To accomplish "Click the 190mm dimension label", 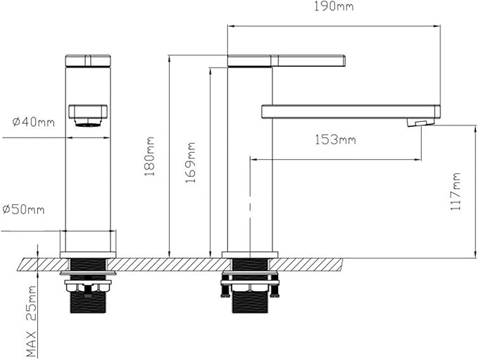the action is click(334, 6).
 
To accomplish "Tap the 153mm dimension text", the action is click(335, 139).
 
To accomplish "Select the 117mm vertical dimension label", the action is click(455, 192).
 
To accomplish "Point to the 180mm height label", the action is click(150, 156).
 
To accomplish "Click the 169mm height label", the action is click(190, 162).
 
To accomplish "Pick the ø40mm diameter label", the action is click(34, 122).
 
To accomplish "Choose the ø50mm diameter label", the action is click(23, 210).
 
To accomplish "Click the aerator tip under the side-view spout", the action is click(420, 123).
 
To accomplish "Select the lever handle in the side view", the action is click(287, 61).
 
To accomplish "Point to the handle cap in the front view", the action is click(88, 61).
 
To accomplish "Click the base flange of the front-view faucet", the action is click(88, 255).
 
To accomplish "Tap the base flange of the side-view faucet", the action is click(250, 255).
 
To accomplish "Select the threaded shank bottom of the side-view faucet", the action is click(250, 302).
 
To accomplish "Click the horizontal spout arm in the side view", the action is click(351, 111).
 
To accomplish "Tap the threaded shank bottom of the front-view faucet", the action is click(88, 303).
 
